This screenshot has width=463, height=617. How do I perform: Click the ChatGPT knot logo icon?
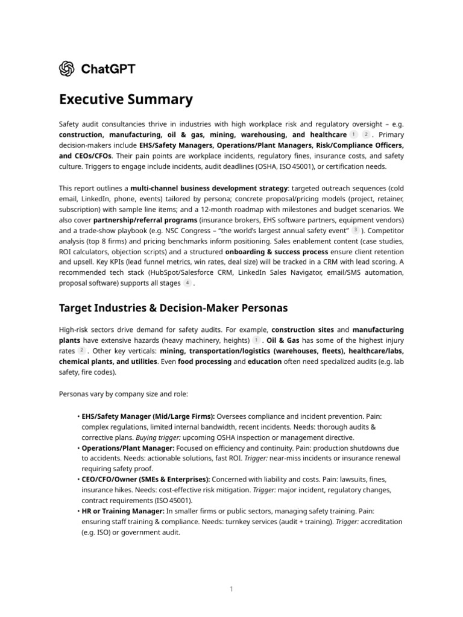coord(67,69)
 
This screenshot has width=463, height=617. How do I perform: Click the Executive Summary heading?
coord(125,99)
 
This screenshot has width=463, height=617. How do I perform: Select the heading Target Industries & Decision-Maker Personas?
coord(173,308)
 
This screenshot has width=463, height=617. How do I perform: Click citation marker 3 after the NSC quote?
coord(356,230)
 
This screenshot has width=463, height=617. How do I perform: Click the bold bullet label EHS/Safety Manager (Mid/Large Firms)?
coord(148,416)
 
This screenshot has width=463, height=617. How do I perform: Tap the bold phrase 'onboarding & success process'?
coord(277,251)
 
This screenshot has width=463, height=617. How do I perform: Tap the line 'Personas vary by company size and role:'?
coord(124,393)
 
